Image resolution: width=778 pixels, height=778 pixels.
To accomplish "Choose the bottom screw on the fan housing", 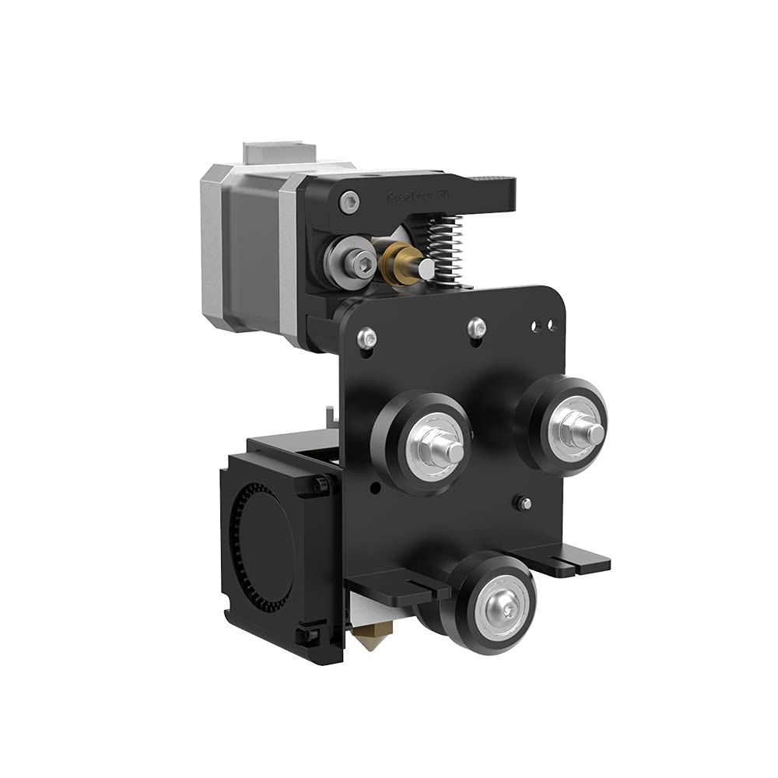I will pos(311,636).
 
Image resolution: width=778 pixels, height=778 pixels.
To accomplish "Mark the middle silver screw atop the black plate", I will pos(476,328).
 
